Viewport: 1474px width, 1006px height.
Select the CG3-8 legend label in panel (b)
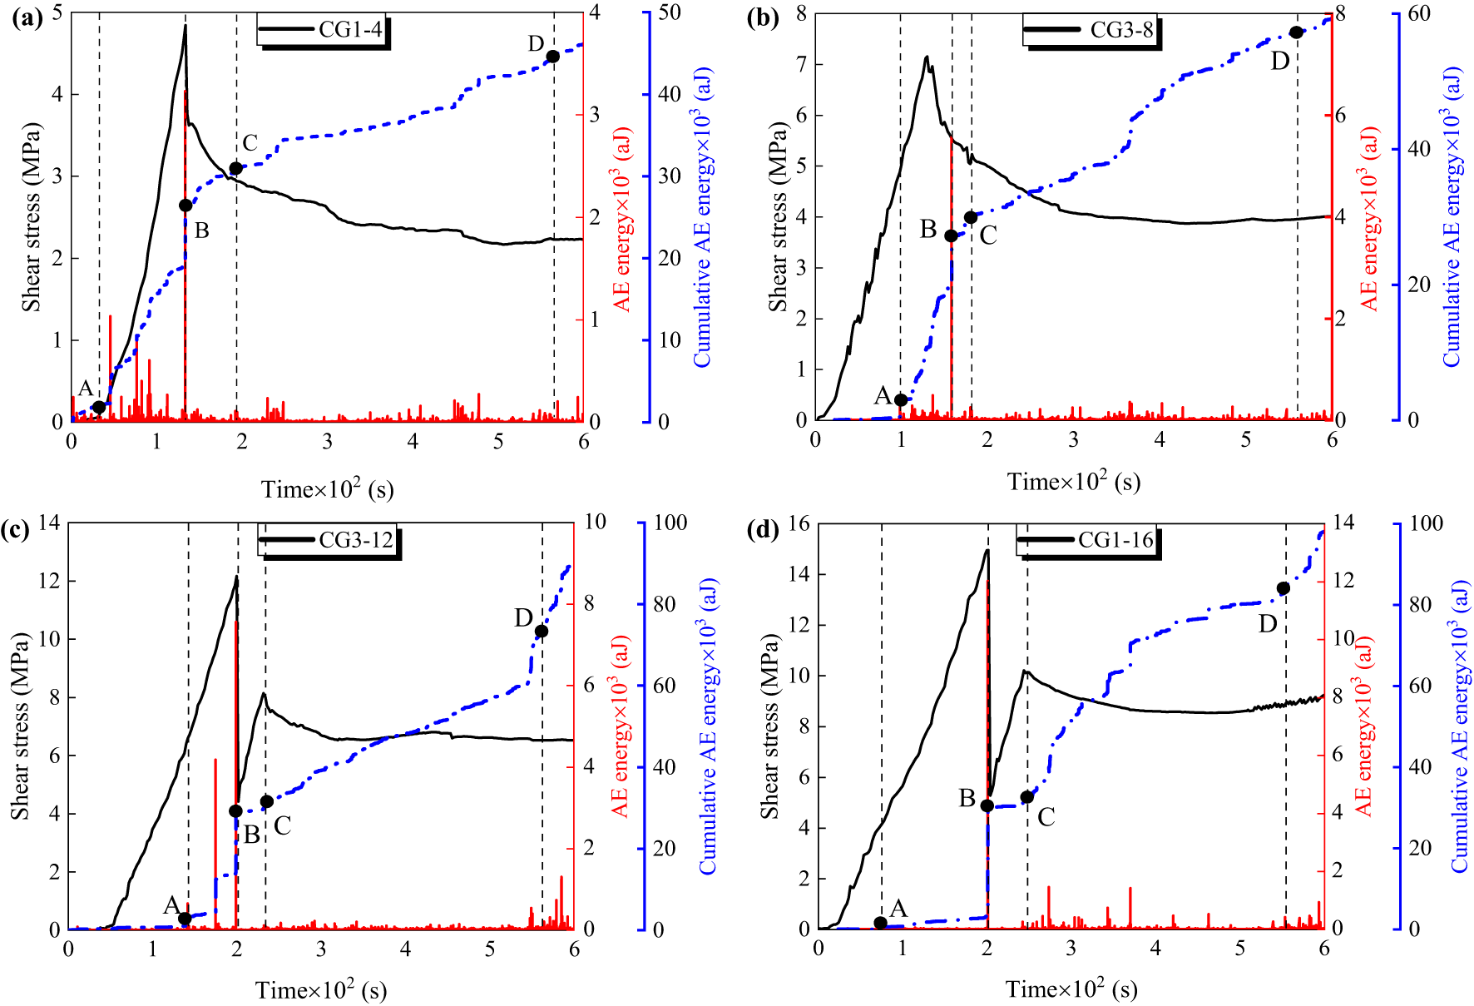point(1121,31)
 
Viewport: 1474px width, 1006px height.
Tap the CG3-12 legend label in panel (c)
point(355,540)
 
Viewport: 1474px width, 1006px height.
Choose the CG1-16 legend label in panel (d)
point(1115,540)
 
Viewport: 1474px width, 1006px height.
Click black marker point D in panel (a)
point(552,57)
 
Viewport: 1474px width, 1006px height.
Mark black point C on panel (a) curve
point(235,168)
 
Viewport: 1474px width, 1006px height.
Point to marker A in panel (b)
point(901,399)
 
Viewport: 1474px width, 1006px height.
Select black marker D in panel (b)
point(1296,32)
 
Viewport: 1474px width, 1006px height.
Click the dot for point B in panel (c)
point(235,810)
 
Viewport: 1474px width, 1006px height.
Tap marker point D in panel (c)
point(542,631)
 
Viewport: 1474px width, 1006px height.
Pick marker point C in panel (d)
point(1027,797)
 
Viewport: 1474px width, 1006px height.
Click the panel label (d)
point(762,529)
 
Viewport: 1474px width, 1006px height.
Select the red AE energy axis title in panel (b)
point(1369,218)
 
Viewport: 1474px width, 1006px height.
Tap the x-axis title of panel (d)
point(1071,989)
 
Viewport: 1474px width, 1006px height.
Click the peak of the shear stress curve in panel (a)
point(185,26)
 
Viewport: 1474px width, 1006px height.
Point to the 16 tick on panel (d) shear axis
point(799,523)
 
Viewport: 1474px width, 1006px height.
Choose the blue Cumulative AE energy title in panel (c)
point(708,726)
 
